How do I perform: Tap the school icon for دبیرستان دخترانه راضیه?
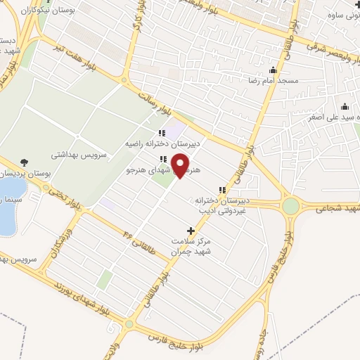162,132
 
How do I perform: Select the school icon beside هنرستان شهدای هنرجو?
162,159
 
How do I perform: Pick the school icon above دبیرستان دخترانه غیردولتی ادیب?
223,190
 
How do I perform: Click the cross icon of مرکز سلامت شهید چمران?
191,231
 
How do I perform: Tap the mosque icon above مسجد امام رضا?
274,70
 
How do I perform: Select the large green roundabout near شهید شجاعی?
290,207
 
